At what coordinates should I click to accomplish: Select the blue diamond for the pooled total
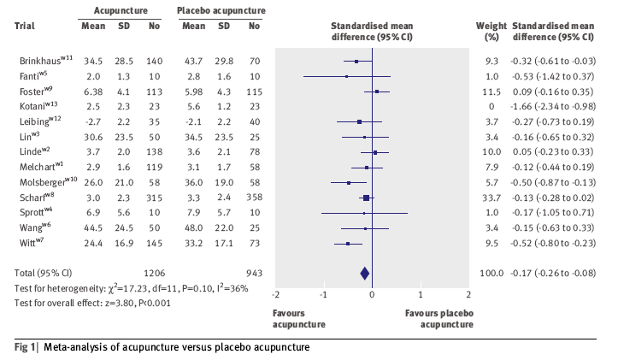point(365,273)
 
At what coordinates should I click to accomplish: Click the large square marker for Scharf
point(366,198)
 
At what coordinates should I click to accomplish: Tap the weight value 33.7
point(492,198)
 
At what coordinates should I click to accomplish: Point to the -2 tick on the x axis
point(275,295)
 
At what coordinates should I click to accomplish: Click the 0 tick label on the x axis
point(372,295)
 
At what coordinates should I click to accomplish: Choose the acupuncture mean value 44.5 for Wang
point(92,227)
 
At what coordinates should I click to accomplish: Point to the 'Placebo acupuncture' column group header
point(221,10)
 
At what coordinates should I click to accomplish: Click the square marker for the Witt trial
point(348,243)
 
